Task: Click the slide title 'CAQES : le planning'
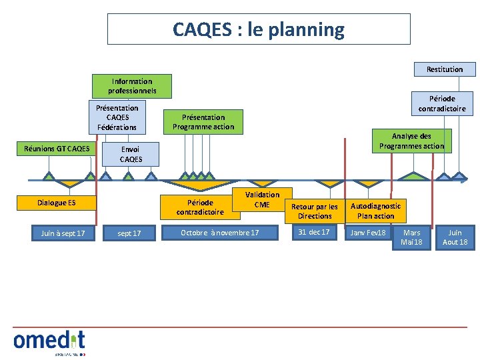tap(259, 30)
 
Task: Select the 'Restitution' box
tap(445, 69)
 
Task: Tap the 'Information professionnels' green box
tap(132, 86)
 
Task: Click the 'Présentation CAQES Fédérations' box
tap(117, 117)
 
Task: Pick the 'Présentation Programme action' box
tap(203, 121)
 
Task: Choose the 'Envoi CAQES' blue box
tap(131, 155)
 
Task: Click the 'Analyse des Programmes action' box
tap(411, 141)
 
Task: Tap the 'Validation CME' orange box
tap(262, 200)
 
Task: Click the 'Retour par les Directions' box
tap(315, 211)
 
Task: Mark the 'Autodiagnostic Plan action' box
tap(375, 211)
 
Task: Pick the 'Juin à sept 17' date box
tap(63, 233)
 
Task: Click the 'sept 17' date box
tap(129, 233)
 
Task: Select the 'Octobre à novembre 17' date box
tap(220, 233)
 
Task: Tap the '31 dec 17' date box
tap(314, 233)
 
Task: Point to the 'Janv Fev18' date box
tap(368, 233)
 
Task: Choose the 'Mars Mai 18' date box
tap(412, 237)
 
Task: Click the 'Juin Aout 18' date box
tap(455, 237)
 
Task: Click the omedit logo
tap(49, 341)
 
